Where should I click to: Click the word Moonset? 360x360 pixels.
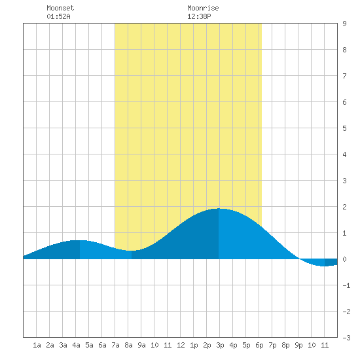(x=60, y=8)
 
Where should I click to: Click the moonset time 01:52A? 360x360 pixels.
(x=58, y=16)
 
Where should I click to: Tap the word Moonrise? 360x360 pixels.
(x=203, y=8)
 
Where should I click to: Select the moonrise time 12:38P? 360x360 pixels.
(x=199, y=16)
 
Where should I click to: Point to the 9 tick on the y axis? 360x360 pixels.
(x=344, y=24)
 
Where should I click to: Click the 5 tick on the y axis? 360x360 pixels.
(x=344, y=128)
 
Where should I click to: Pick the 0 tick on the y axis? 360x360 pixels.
(x=344, y=259)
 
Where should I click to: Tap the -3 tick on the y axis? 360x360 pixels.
(x=346, y=338)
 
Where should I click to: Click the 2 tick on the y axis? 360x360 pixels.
(x=344, y=207)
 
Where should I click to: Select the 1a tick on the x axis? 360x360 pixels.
(x=37, y=345)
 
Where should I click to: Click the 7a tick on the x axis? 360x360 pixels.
(x=115, y=345)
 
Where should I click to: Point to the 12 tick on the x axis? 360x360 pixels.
(x=181, y=345)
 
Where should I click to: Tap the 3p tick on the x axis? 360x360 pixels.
(x=220, y=345)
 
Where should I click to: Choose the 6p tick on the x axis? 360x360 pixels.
(x=259, y=345)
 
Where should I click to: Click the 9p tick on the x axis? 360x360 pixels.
(x=298, y=345)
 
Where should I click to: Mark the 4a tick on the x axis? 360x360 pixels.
(x=76, y=345)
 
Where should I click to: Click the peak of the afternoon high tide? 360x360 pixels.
(x=219, y=209)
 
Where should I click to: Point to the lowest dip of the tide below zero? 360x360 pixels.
(x=324, y=266)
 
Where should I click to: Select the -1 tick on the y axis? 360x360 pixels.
(x=346, y=285)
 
